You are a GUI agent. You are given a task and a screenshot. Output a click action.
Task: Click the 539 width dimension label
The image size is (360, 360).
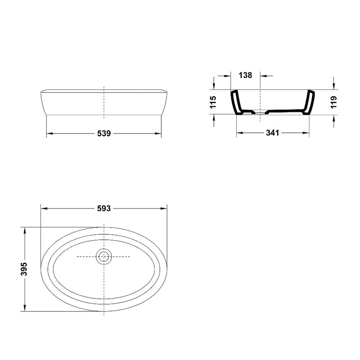[x=104, y=133]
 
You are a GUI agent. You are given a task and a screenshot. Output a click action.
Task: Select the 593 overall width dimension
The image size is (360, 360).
[x=104, y=208]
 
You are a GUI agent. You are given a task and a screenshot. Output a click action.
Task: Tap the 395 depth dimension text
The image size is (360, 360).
[x=24, y=269]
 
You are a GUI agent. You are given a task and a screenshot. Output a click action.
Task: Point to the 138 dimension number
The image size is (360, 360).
[x=245, y=75]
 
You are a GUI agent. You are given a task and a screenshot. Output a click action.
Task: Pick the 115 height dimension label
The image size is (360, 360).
[x=213, y=102]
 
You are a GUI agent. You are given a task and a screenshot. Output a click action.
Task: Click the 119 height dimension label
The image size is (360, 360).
[x=334, y=102]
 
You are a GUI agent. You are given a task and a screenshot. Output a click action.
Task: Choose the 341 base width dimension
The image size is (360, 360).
[x=272, y=133]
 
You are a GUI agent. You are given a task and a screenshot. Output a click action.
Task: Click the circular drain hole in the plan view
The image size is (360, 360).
[x=104, y=256]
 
